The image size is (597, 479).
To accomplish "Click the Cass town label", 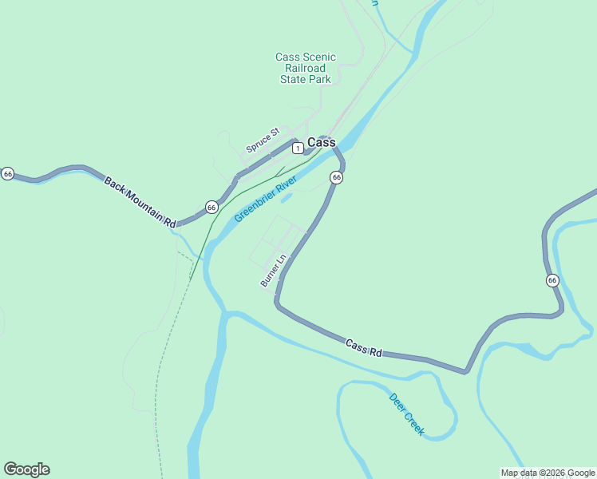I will point(322,143).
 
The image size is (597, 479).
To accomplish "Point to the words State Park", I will point(306,80).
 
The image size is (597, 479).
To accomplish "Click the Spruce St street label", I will point(263,140).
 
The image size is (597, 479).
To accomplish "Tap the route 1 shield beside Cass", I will point(297,148).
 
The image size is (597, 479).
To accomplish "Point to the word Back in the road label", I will point(115,184).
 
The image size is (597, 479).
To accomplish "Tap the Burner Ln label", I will point(273,271).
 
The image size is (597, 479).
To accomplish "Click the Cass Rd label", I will point(364,348).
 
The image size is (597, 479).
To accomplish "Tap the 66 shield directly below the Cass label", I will point(336,177).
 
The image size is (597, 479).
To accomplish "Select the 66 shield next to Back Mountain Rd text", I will point(212,207).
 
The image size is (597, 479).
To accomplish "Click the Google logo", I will point(26,469).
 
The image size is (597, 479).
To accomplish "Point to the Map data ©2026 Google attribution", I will point(548,473).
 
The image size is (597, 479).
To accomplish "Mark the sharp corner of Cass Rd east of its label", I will point(466,371).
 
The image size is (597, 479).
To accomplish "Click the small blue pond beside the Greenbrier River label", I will point(287,197).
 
